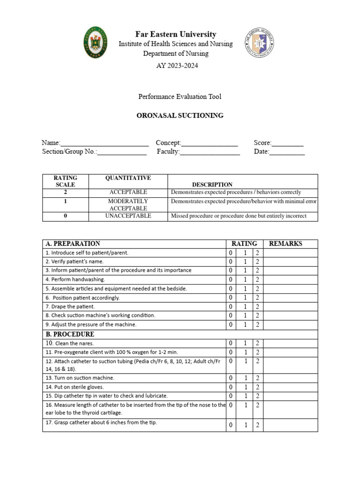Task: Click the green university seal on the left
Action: (x=95, y=43)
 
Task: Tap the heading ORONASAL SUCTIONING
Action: (x=180, y=115)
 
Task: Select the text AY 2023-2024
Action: (x=177, y=66)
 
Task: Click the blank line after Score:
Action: (x=288, y=143)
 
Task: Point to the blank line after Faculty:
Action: (x=210, y=152)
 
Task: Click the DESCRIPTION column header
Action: (x=212, y=185)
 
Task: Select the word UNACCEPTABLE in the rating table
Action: (x=128, y=216)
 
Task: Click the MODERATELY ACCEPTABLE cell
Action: (x=128, y=204)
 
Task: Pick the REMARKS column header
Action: (x=285, y=244)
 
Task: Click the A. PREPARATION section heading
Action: (x=73, y=244)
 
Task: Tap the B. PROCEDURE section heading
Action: (x=70, y=334)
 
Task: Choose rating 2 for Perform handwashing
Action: (x=257, y=279)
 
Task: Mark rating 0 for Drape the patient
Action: (x=231, y=307)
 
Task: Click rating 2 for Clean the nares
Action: (x=257, y=343)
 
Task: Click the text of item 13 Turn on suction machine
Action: (x=80, y=378)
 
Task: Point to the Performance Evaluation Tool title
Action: (x=180, y=97)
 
